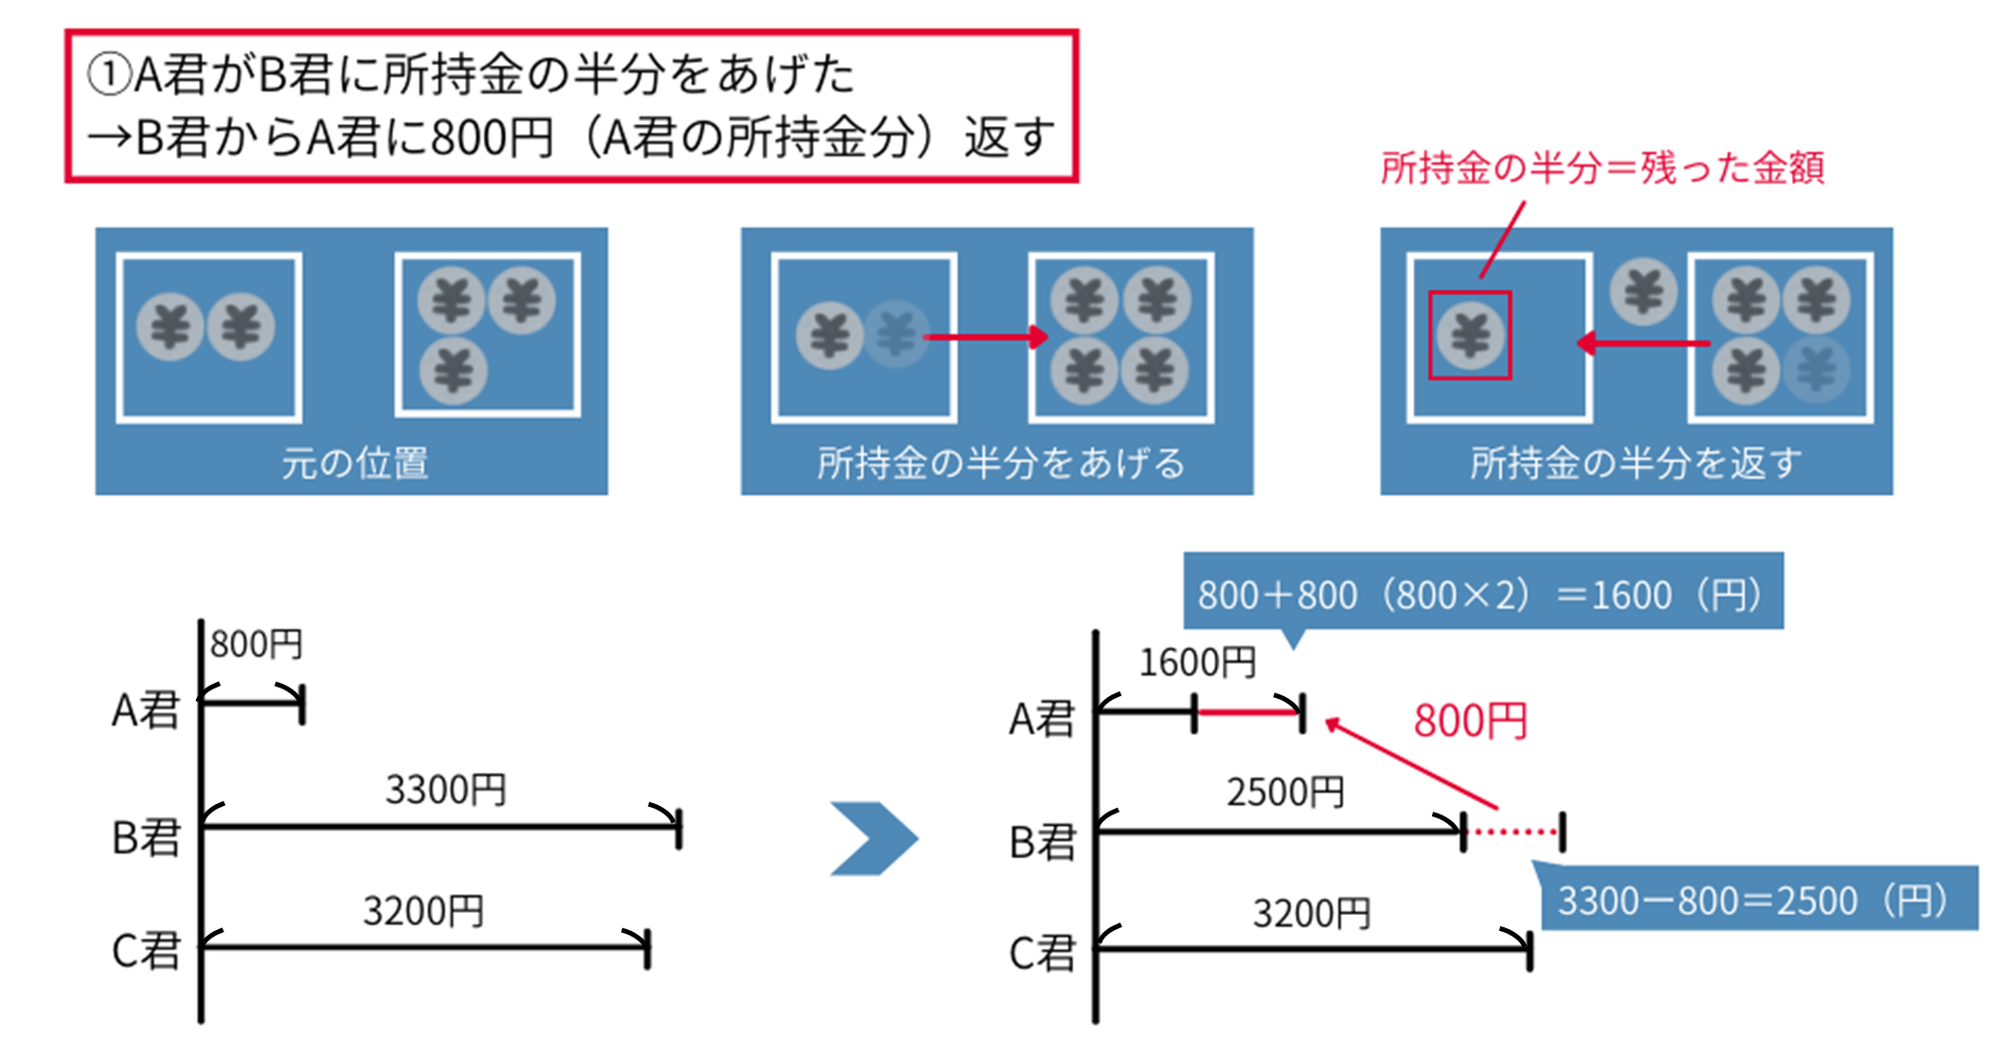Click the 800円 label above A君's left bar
pos(256,645)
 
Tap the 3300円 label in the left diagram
pos(445,790)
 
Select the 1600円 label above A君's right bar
pos(1197,663)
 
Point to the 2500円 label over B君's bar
pos(1285,792)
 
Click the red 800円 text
pos(1470,722)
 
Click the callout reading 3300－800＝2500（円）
pos(1754,900)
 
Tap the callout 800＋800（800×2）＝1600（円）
pos(1482,594)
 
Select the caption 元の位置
pos(355,463)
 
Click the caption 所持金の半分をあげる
pos(1000,463)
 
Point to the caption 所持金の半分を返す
pos(1636,463)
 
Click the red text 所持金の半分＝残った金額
pos(1602,168)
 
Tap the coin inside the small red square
pos(1470,335)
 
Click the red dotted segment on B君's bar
pos(1513,832)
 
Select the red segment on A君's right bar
pos(1248,711)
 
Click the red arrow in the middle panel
pos(986,336)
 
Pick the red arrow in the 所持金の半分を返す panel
pos(1643,343)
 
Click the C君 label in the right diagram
pos(1042,953)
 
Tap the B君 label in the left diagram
pos(146,837)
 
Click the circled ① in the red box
pos(108,74)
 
